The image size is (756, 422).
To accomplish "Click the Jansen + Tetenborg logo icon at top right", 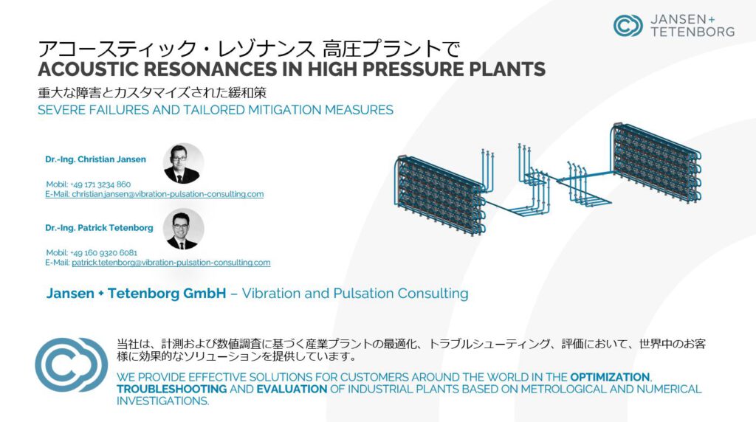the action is tap(628, 26).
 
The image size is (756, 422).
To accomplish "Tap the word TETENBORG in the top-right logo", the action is tap(693, 32).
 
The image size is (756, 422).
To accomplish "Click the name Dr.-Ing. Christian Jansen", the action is tap(95, 159).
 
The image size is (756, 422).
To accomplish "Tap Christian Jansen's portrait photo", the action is tap(183, 163).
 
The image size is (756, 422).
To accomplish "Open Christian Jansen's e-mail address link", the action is tap(154, 194).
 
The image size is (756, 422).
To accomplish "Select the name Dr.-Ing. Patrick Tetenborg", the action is tap(100, 228).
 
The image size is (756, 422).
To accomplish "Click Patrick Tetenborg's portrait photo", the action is tap(183, 229).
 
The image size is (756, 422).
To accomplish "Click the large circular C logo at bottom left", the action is tap(72, 364).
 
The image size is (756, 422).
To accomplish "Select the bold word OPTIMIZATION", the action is tap(610, 377).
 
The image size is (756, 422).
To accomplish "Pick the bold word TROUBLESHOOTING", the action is tap(171, 389).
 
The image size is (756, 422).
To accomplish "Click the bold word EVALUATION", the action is tap(292, 389).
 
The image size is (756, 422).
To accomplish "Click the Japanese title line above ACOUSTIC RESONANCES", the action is tap(249, 49).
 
